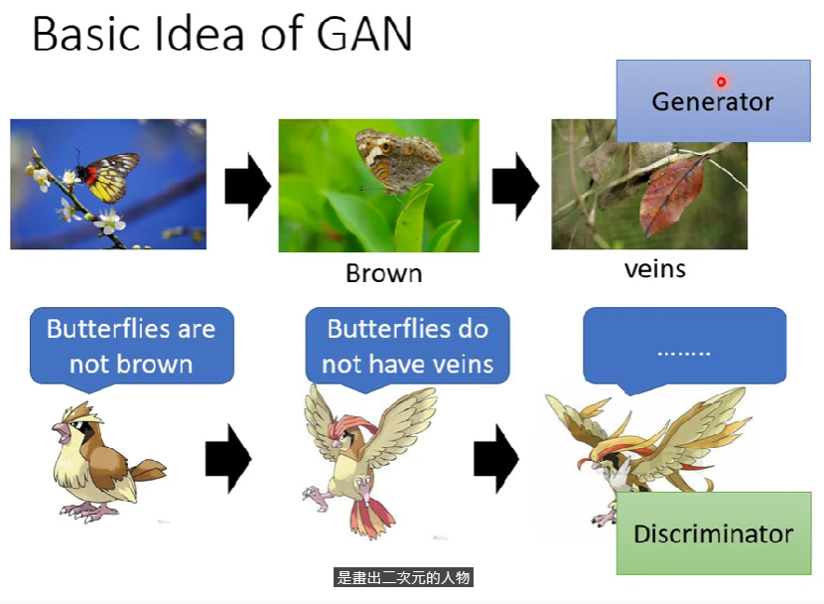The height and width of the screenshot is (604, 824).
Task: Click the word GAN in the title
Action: point(364,34)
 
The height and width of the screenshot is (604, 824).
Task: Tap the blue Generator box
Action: point(713,100)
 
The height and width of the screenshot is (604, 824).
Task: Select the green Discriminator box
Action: point(714,533)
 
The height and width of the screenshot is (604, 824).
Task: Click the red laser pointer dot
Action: point(721,81)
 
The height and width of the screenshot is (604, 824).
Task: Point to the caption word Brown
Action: point(383,273)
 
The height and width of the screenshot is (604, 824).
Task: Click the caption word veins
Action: point(655,269)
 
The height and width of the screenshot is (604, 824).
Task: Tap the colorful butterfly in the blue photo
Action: point(109,177)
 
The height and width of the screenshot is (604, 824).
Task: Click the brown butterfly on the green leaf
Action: point(397,161)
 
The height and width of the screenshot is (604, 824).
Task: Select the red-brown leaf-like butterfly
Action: point(672,197)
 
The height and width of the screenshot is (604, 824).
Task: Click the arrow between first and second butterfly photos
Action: point(247,186)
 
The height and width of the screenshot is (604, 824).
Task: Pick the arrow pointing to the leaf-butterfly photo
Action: point(515,186)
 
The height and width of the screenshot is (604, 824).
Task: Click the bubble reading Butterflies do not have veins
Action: point(407,348)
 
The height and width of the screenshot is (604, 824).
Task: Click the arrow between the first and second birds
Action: point(228,459)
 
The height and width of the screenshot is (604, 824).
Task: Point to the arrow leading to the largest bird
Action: point(496,459)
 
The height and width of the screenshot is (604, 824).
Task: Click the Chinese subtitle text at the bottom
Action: point(403,577)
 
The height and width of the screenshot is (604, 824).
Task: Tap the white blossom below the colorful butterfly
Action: point(110,221)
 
